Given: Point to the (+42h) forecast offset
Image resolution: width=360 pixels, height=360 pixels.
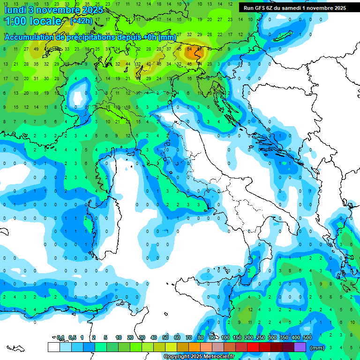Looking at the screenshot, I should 81,21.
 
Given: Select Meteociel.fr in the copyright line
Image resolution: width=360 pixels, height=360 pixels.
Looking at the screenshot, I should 217,357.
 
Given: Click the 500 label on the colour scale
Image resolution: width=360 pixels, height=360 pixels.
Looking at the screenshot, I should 307,337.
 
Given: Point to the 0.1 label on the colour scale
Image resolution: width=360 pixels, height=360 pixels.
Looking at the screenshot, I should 60,337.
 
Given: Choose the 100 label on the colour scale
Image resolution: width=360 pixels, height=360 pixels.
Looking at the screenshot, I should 225,337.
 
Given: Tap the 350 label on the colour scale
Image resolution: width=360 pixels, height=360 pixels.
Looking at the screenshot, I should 284,337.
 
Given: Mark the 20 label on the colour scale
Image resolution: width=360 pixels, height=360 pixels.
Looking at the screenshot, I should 130,337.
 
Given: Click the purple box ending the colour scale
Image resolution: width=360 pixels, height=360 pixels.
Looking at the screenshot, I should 300,347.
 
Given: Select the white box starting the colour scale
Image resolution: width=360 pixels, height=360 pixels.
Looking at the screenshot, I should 54,347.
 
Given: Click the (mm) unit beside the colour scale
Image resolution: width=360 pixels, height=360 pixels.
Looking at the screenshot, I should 317,348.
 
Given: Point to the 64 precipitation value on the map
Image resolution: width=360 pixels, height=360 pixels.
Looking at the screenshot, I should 189,49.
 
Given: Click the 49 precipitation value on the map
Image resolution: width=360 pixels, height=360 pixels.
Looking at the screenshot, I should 36,49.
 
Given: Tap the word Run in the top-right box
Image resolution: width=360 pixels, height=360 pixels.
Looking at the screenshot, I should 248,8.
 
